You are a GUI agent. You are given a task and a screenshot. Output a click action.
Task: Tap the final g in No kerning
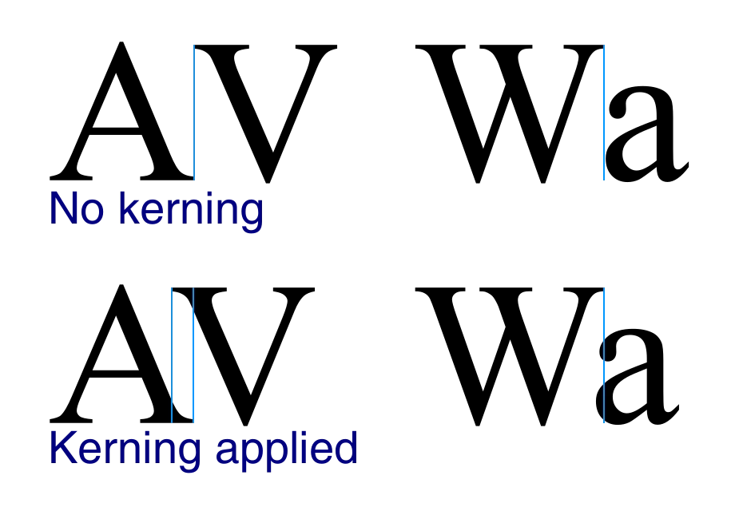pyautogui.click(x=251, y=214)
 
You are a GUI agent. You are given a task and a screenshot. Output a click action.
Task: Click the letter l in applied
pyautogui.click(x=290, y=448)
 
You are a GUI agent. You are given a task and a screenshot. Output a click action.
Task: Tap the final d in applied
pyautogui.click(x=345, y=450)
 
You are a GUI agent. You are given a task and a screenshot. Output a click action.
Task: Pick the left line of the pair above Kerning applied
pyautogui.click(x=169, y=355)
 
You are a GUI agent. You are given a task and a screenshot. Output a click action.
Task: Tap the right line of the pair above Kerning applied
pyautogui.click(x=194, y=355)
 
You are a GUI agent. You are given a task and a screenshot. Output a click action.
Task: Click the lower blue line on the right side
pyautogui.click(x=604, y=355)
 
